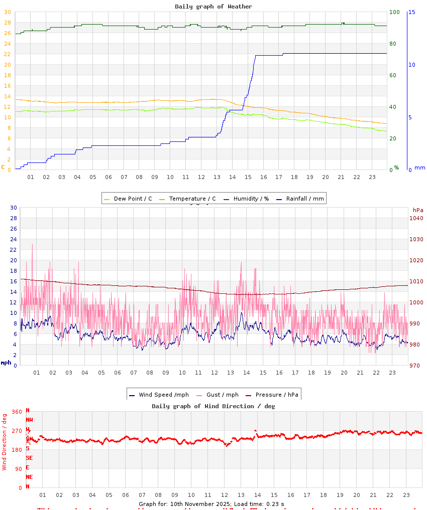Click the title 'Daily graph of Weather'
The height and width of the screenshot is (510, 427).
pos(213,7)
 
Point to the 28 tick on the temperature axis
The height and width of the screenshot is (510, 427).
pos(7,23)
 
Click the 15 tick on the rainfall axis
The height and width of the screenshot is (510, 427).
pos(411,12)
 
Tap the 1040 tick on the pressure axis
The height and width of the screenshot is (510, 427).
pos(416,218)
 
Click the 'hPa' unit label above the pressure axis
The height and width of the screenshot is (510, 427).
pos(418,210)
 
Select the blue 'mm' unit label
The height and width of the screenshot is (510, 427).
pos(419,167)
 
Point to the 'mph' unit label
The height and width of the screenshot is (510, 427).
pos(6,363)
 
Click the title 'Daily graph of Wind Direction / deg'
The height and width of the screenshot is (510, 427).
pos(213,406)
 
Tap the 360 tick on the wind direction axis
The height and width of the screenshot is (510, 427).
pos(17,412)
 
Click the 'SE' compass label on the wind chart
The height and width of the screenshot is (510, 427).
pos(29,458)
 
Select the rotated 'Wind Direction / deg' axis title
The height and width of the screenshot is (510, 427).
pos(5,442)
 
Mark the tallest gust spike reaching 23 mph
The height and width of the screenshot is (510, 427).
pos(33,245)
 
